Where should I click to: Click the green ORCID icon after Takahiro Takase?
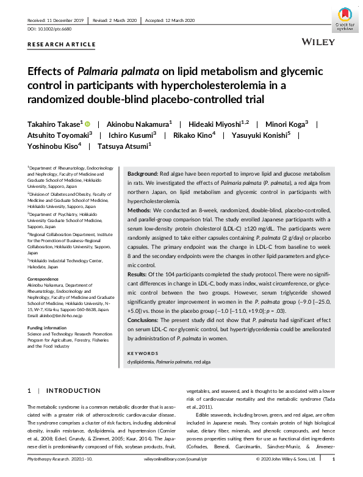[87, 123]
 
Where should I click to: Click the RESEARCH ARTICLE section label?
[62, 45]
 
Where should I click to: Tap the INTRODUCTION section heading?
[74, 390]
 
